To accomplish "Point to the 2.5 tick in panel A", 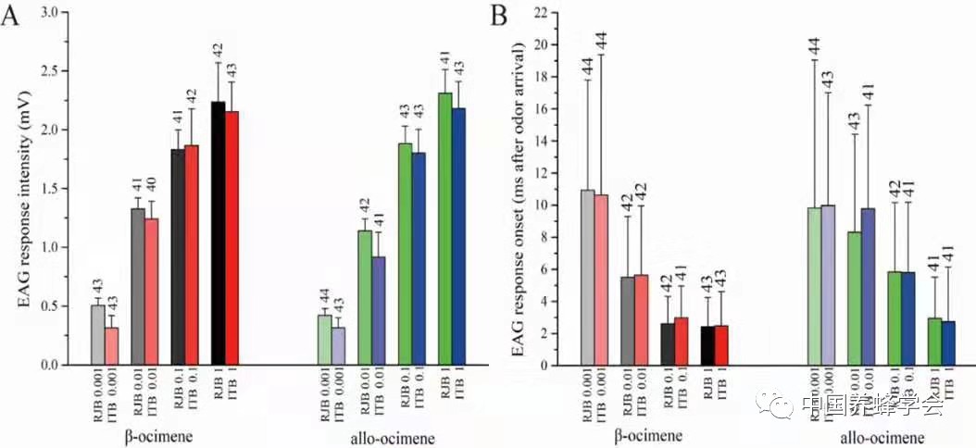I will point(49,71).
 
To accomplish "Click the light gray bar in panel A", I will point(97,334).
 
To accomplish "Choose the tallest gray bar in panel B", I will point(587,278).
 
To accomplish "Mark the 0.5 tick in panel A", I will point(49,306).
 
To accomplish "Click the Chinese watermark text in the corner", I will point(870,404).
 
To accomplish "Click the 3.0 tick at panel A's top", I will point(49,13).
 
